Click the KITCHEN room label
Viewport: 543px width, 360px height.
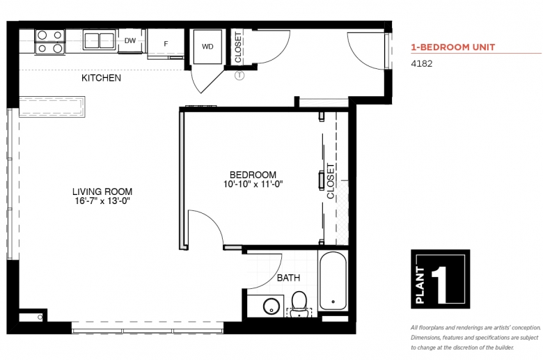point(101,78)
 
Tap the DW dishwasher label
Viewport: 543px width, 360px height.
point(130,40)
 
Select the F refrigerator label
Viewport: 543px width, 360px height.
point(166,44)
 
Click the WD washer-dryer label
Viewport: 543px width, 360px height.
point(207,47)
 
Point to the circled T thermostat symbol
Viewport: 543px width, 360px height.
point(239,75)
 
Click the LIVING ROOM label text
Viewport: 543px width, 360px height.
point(102,191)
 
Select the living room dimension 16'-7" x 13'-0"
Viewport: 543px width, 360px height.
point(102,201)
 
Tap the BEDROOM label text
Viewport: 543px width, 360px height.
point(253,175)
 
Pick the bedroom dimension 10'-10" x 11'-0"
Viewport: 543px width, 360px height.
point(253,184)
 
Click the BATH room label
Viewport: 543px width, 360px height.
point(288,278)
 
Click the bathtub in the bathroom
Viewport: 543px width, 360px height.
point(333,281)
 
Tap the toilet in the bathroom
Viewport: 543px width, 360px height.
point(299,304)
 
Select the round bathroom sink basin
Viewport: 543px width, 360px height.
point(271,306)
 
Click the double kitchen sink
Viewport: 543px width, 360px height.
point(100,40)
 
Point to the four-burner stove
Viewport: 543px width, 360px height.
point(50,42)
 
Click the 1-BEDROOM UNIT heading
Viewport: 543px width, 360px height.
point(453,47)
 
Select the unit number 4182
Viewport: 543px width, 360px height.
point(421,64)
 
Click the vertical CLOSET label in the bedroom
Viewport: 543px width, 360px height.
point(331,181)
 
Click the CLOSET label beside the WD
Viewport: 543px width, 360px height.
point(238,47)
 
